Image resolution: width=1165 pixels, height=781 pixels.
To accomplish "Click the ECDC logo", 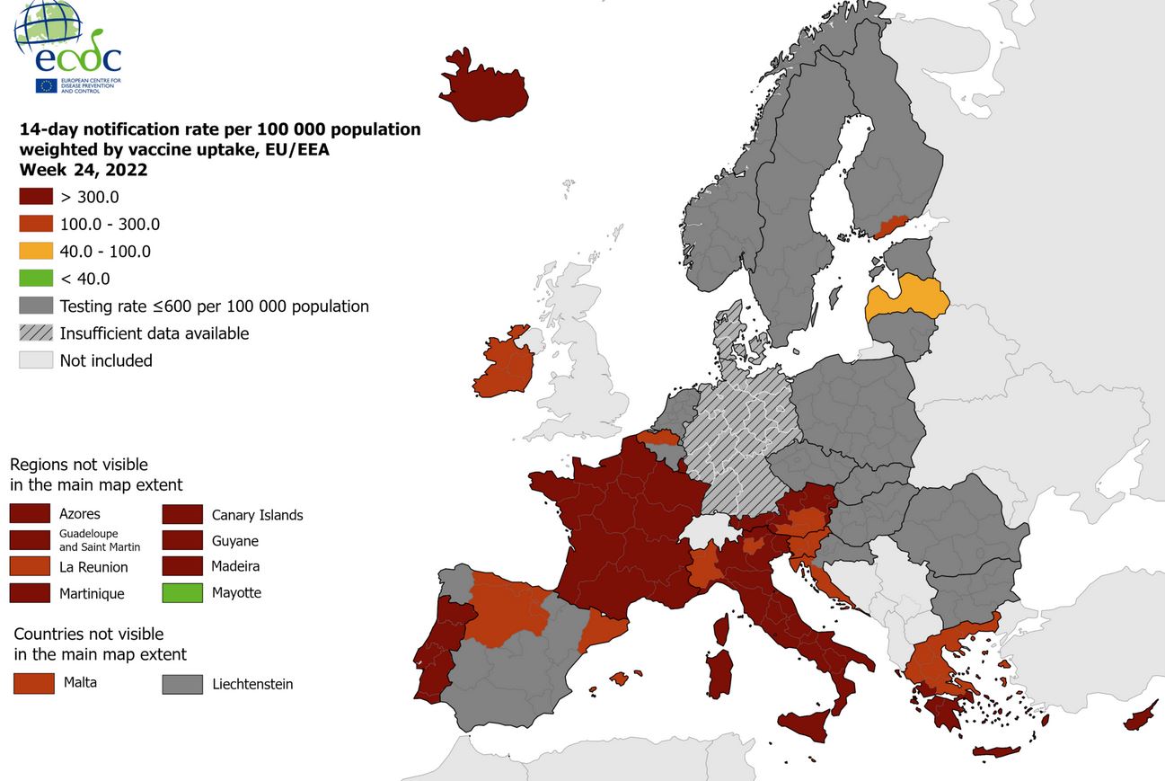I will (68, 47).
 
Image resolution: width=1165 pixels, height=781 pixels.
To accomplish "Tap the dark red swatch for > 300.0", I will (36, 197).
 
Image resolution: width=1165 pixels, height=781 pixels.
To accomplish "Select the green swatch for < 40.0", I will (36, 279).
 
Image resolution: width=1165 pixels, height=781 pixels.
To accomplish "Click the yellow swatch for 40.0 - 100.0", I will (36, 252).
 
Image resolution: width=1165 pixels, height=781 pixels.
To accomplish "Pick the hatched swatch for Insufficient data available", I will (36, 333).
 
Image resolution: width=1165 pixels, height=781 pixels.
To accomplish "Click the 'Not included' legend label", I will (106, 360).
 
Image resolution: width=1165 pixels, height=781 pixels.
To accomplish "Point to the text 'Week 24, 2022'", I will (84, 170).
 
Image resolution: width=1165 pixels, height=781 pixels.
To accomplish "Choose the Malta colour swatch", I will (33, 683).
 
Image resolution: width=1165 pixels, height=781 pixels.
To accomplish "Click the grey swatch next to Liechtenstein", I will (181, 684).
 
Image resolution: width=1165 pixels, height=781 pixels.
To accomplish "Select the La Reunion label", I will (93, 567).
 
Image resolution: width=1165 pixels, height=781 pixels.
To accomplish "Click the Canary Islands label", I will (257, 515).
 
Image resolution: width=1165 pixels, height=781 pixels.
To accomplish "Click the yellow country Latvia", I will (907, 298).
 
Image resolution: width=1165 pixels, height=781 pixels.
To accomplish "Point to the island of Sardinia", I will (720, 674).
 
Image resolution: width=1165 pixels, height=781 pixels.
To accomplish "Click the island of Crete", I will (996, 751).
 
